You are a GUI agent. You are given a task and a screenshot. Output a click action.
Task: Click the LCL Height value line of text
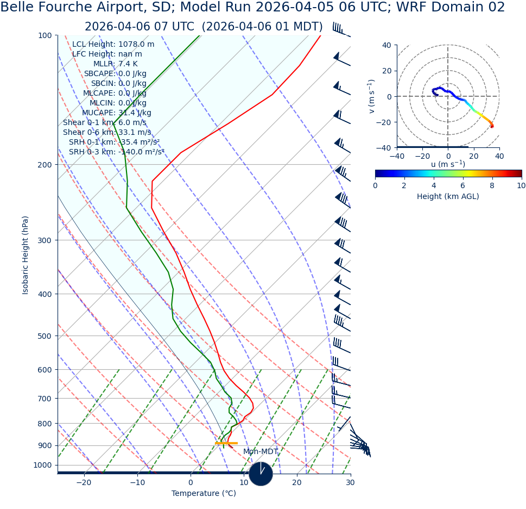(x=113, y=45)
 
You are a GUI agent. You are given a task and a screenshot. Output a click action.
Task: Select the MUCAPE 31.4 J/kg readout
(x=117, y=113)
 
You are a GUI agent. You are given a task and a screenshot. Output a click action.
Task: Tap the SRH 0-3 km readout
(x=116, y=152)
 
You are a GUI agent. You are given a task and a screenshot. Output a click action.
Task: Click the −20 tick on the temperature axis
(x=84, y=483)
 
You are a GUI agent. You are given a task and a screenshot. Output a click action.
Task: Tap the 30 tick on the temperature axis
(x=350, y=483)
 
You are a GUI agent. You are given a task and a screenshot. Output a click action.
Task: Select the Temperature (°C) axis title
(x=204, y=494)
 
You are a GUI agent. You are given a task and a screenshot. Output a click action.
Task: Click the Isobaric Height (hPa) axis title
(x=26, y=255)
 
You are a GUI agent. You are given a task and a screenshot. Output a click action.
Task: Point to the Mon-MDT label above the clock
(x=261, y=452)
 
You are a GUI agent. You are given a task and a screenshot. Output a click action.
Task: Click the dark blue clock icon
(x=261, y=474)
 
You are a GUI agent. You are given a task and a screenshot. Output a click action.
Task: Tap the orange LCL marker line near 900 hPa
(x=226, y=443)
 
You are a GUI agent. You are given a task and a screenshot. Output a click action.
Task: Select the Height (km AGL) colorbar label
(x=448, y=197)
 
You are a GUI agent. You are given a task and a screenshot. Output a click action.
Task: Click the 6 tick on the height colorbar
(x=463, y=185)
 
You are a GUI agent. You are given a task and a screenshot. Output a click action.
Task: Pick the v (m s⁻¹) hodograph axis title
(x=372, y=96)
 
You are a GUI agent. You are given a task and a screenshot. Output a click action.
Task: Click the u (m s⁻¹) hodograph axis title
(x=448, y=164)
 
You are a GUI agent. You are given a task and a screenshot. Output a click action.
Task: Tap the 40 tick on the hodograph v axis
(x=386, y=45)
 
